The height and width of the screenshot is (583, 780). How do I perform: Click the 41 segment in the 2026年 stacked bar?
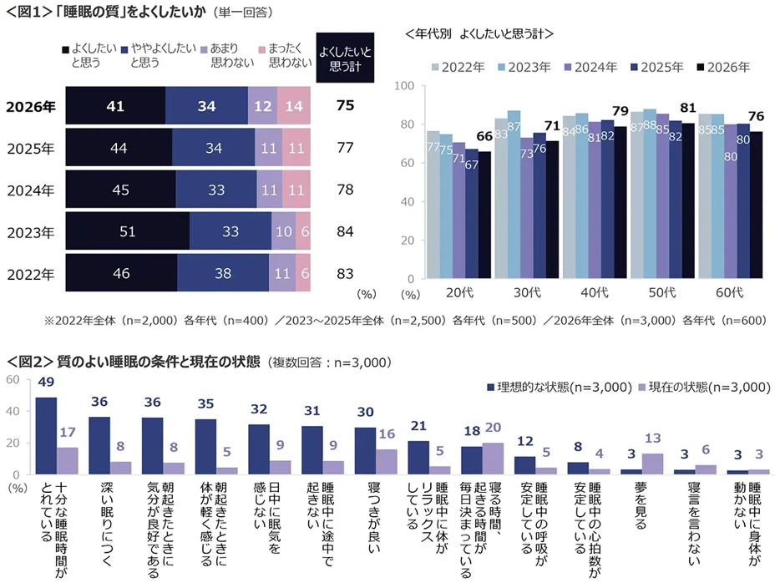point(115,106)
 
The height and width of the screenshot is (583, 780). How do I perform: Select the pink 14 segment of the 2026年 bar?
point(294,106)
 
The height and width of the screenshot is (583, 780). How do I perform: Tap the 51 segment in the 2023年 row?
point(127,231)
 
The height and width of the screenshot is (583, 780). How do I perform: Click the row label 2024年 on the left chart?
point(31,190)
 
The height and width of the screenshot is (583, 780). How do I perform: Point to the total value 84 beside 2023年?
point(345,231)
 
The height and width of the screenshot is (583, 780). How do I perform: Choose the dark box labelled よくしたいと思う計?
point(345,58)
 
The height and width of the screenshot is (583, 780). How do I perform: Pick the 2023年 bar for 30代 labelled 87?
point(514,195)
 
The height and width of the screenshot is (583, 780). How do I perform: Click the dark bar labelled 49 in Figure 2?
point(47,435)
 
